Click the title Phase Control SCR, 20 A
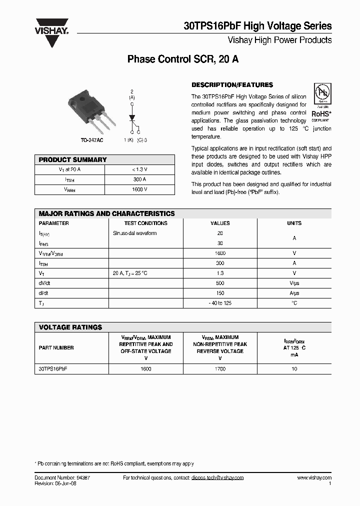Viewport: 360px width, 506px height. [x=183, y=59]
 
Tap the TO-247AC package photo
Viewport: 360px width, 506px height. [x=88, y=109]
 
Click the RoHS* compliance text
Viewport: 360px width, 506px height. [x=321, y=114]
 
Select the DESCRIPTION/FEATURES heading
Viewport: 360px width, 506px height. [x=232, y=85]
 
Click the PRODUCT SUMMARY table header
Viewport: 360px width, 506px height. [x=73, y=159]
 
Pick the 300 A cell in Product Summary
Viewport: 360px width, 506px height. [x=139, y=179]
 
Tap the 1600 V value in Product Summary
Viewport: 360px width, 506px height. [x=139, y=189]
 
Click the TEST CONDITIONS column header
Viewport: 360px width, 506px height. [x=145, y=223]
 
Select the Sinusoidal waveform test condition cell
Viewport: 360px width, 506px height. [x=134, y=233]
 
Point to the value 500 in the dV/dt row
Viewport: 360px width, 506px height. [x=220, y=283]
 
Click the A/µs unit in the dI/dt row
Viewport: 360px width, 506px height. [x=294, y=293]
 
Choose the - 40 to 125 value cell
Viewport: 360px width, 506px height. [x=220, y=303]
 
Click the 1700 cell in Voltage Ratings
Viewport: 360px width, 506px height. [x=220, y=369]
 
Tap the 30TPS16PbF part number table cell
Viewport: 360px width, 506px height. [x=53, y=369]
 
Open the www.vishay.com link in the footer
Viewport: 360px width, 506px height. [x=314, y=478]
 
